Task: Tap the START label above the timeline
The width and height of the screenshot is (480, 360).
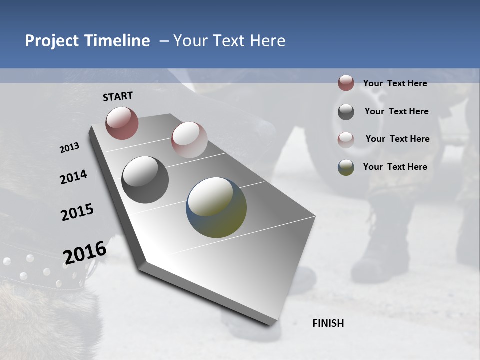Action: (x=118, y=96)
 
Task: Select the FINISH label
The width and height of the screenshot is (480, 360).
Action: (x=328, y=323)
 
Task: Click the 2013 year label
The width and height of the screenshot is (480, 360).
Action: (x=70, y=148)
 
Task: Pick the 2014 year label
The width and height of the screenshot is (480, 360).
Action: (x=74, y=177)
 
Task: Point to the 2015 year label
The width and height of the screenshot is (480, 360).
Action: (x=77, y=212)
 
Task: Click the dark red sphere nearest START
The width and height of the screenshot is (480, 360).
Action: (x=122, y=123)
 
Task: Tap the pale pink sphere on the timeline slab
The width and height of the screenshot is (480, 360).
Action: (x=189, y=140)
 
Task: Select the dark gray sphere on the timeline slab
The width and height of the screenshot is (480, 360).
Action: (x=145, y=180)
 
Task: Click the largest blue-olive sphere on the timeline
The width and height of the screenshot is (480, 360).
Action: (x=216, y=207)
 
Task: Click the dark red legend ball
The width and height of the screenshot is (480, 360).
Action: (x=346, y=83)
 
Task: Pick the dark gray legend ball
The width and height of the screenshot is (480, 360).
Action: (x=346, y=111)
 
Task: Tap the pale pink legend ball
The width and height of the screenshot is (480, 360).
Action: (x=346, y=139)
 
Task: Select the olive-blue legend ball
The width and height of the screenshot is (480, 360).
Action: (x=346, y=167)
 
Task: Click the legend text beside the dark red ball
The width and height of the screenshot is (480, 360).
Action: (x=395, y=84)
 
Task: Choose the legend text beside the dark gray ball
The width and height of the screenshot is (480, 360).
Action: (x=396, y=111)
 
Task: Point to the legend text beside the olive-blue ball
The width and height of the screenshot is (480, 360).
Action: (x=395, y=167)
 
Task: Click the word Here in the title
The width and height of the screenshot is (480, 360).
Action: (x=267, y=41)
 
